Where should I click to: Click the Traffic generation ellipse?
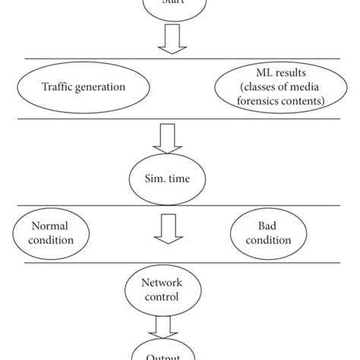(x=84, y=87)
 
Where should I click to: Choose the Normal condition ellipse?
(x=52, y=232)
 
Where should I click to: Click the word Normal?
(x=52, y=226)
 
